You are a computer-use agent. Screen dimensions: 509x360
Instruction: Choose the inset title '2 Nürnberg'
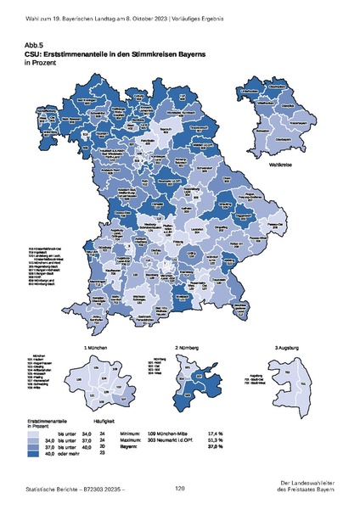(188, 348)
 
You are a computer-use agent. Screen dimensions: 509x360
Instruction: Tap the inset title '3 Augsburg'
(288, 348)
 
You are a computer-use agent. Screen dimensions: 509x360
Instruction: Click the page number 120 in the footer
(179, 488)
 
